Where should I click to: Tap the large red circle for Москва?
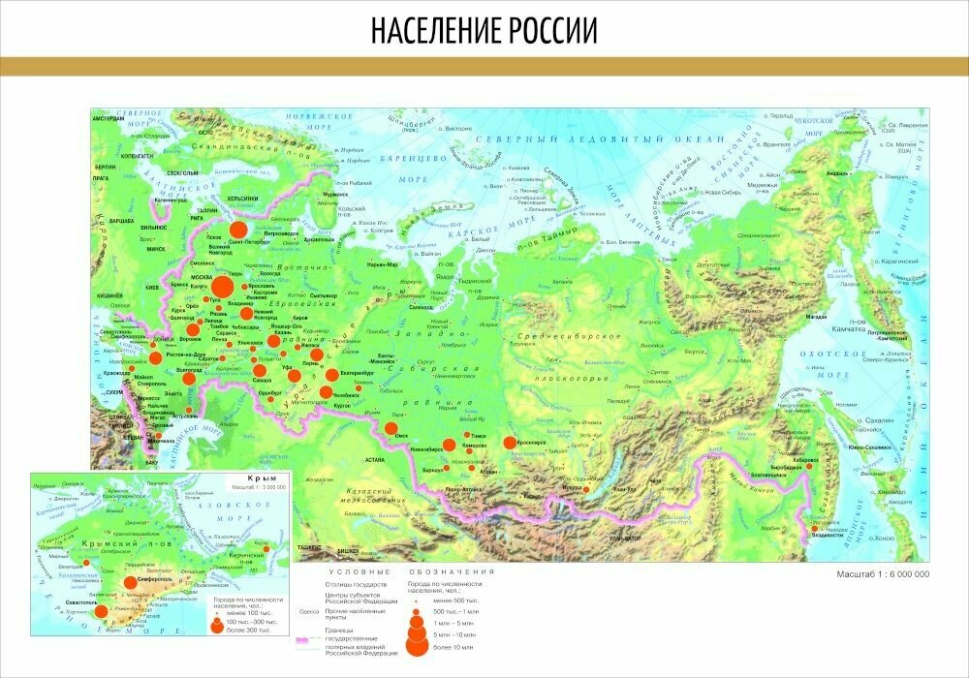tap(222, 287)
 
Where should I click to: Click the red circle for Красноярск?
tap(510, 444)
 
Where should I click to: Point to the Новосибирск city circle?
tap(449, 446)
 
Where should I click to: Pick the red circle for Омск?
tap(392, 428)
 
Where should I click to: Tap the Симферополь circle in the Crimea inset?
tap(130, 583)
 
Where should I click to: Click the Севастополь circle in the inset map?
tap(101, 611)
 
